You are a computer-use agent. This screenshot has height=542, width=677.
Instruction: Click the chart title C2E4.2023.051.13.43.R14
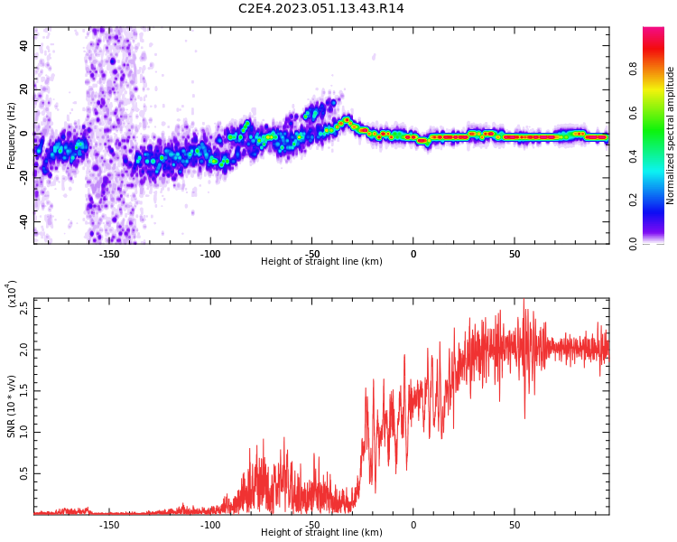(320, 8)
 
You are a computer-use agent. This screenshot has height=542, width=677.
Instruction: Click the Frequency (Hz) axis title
(11, 135)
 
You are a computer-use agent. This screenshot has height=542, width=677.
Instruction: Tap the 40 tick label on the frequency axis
(24, 45)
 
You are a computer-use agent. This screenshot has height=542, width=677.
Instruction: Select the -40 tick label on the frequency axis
(24, 222)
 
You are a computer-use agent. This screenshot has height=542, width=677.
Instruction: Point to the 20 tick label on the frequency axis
(24, 89)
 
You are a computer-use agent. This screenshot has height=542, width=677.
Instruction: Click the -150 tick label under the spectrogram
(109, 254)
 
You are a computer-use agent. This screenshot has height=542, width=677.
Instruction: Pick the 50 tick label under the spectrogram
(515, 254)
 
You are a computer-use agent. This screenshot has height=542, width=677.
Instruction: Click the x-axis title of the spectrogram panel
(321, 261)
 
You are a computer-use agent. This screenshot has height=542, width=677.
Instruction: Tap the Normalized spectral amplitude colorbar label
(670, 135)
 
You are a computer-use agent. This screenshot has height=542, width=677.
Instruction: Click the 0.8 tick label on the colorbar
(633, 70)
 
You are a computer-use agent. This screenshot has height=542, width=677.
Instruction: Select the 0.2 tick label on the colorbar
(633, 201)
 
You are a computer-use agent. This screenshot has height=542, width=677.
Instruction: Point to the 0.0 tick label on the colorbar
(633, 244)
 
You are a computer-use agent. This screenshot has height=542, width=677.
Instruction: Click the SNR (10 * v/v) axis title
(11, 406)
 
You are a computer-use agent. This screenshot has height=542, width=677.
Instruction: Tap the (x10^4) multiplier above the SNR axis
(12, 294)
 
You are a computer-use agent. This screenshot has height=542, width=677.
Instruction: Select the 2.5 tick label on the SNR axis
(24, 309)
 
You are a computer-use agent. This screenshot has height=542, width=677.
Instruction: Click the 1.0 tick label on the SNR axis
(24, 433)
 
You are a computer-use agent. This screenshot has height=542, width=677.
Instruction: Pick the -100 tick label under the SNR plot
(210, 525)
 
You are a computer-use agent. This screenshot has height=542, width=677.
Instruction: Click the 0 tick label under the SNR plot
(413, 525)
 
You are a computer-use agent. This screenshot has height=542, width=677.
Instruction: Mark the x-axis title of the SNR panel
(321, 532)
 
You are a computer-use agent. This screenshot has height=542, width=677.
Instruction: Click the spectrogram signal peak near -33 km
(347, 119)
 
